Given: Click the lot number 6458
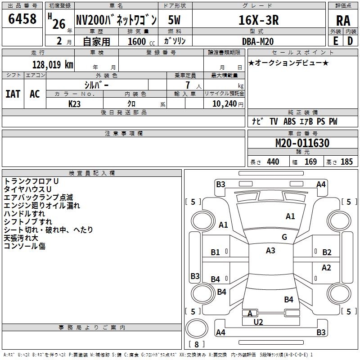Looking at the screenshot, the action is point(22,18).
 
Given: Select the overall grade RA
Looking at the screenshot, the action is point(343,21).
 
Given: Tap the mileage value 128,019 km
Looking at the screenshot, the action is point(53,65).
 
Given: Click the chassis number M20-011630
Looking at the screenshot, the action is point(302,143).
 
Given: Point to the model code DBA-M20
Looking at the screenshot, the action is point(258,41).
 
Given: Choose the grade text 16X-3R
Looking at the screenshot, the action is point(259,20).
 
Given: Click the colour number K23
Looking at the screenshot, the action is point(74,104).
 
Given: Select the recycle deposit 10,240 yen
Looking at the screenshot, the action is point(228,104).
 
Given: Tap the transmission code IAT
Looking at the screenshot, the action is point(13,94).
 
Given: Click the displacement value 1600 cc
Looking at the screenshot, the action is point(141,41).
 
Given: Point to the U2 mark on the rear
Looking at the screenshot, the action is point(258,322).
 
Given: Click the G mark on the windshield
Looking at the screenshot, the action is point(284,237).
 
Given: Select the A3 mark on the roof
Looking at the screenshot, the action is point(270,251).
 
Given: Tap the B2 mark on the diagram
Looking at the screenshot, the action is point(327,252).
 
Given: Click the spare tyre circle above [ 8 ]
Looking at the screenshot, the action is point(197,328).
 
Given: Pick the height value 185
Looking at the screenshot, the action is point(346,162).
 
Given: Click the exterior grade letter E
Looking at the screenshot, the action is point(336,41).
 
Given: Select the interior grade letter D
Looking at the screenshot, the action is point(350,41).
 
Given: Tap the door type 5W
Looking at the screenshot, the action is point(174,20).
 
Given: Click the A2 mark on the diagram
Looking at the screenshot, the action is point(326,268).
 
